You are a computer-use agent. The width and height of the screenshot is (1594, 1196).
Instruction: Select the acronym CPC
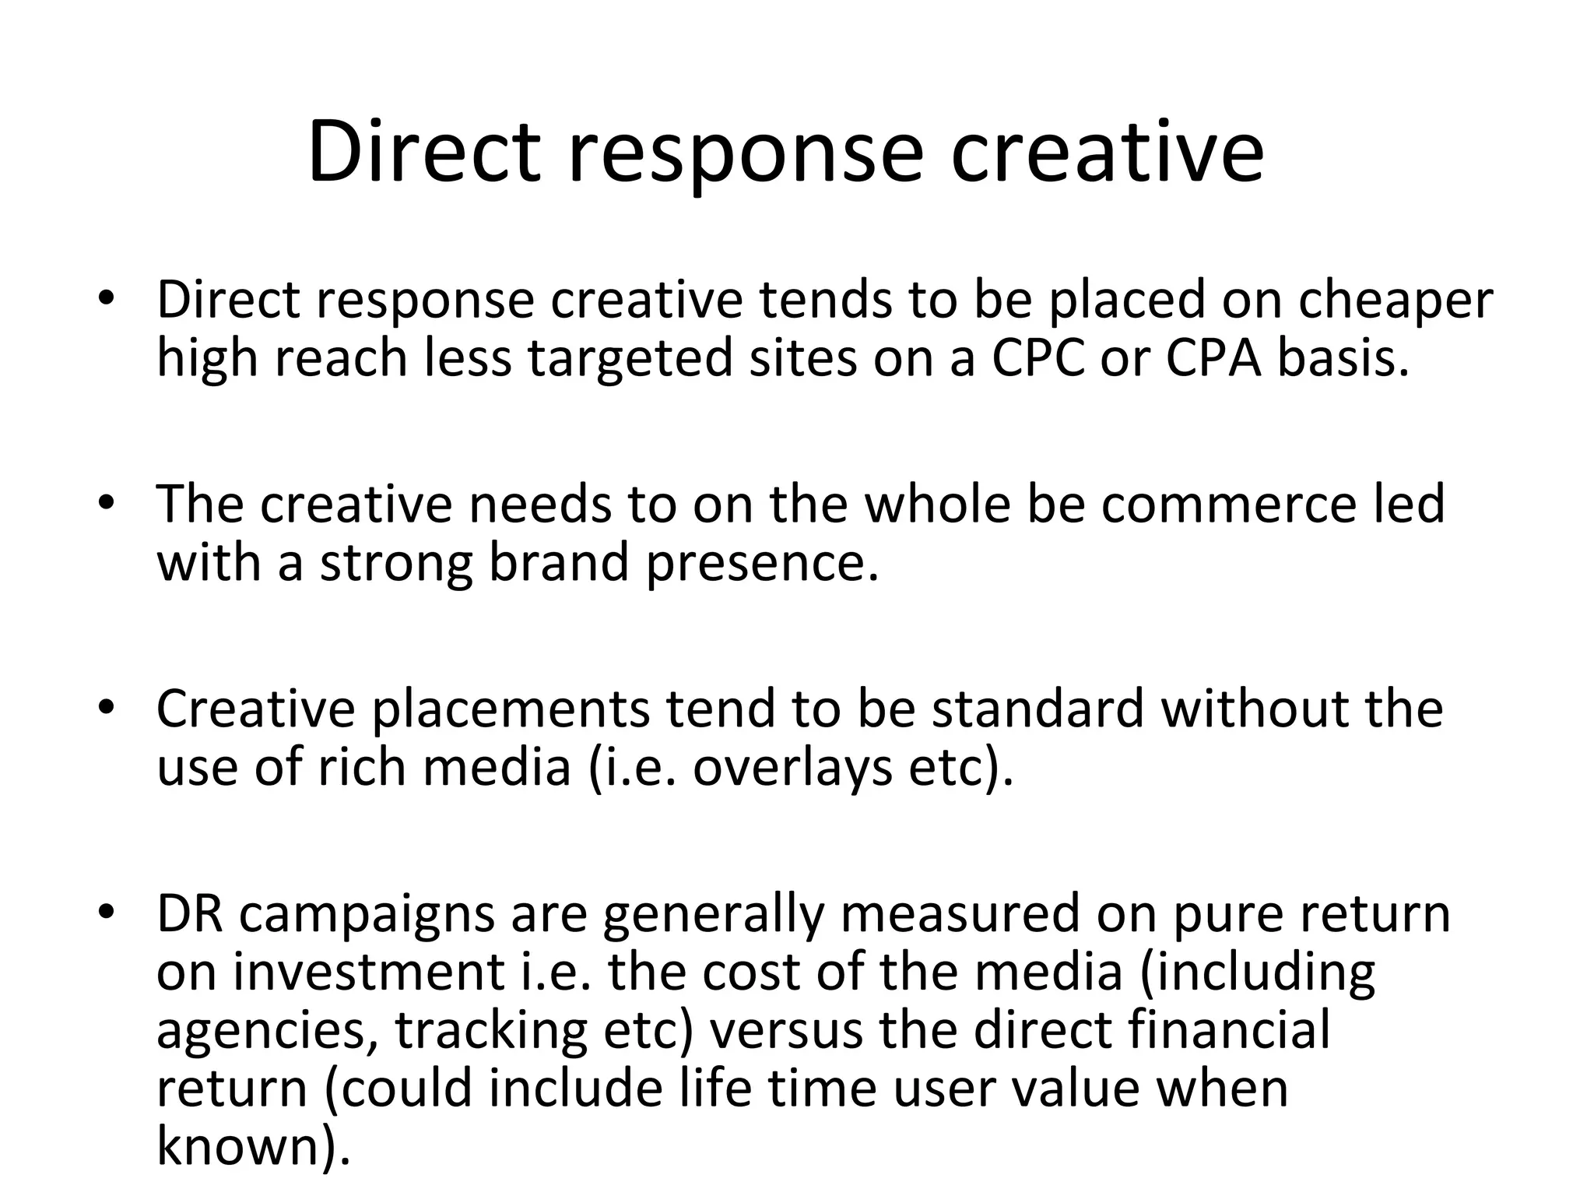[1038, 359]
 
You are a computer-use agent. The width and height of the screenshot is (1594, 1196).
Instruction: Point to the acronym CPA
[1213, 359]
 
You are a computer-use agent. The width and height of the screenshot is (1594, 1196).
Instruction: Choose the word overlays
[794, 769]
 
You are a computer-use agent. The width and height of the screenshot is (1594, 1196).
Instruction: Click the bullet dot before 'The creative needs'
[107, 503]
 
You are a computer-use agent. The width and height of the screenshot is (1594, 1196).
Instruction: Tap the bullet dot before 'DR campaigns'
[107, 913]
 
